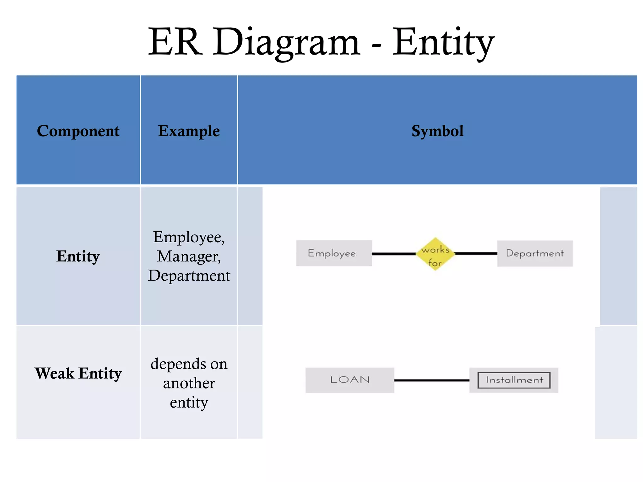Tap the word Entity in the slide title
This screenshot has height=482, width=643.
(x=443, y=42)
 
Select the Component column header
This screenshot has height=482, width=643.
(x=78, y=131)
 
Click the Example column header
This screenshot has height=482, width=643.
(x=189, y=131)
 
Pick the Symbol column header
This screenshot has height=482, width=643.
(x=437, y=131)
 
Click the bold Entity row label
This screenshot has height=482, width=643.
(x=78, y=256)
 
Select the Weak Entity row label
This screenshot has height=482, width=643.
(x=78, y=373)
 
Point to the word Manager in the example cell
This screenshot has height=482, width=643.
(x=189, y=256)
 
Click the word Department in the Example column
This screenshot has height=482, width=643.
(x=189, y=276)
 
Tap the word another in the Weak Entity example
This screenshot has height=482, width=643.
(x=189, y=383)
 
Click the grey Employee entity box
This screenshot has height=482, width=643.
(x=334, y=253)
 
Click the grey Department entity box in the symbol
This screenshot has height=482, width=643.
(x=535, y=254)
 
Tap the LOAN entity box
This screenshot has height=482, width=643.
(x=349, y=380)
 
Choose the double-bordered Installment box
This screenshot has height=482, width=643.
(x=514, y=380)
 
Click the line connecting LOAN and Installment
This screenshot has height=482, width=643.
(x=431, y=380)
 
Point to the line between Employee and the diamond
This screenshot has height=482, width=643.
(x=394, y=254)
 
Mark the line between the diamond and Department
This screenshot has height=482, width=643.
(x=475, y=253)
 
